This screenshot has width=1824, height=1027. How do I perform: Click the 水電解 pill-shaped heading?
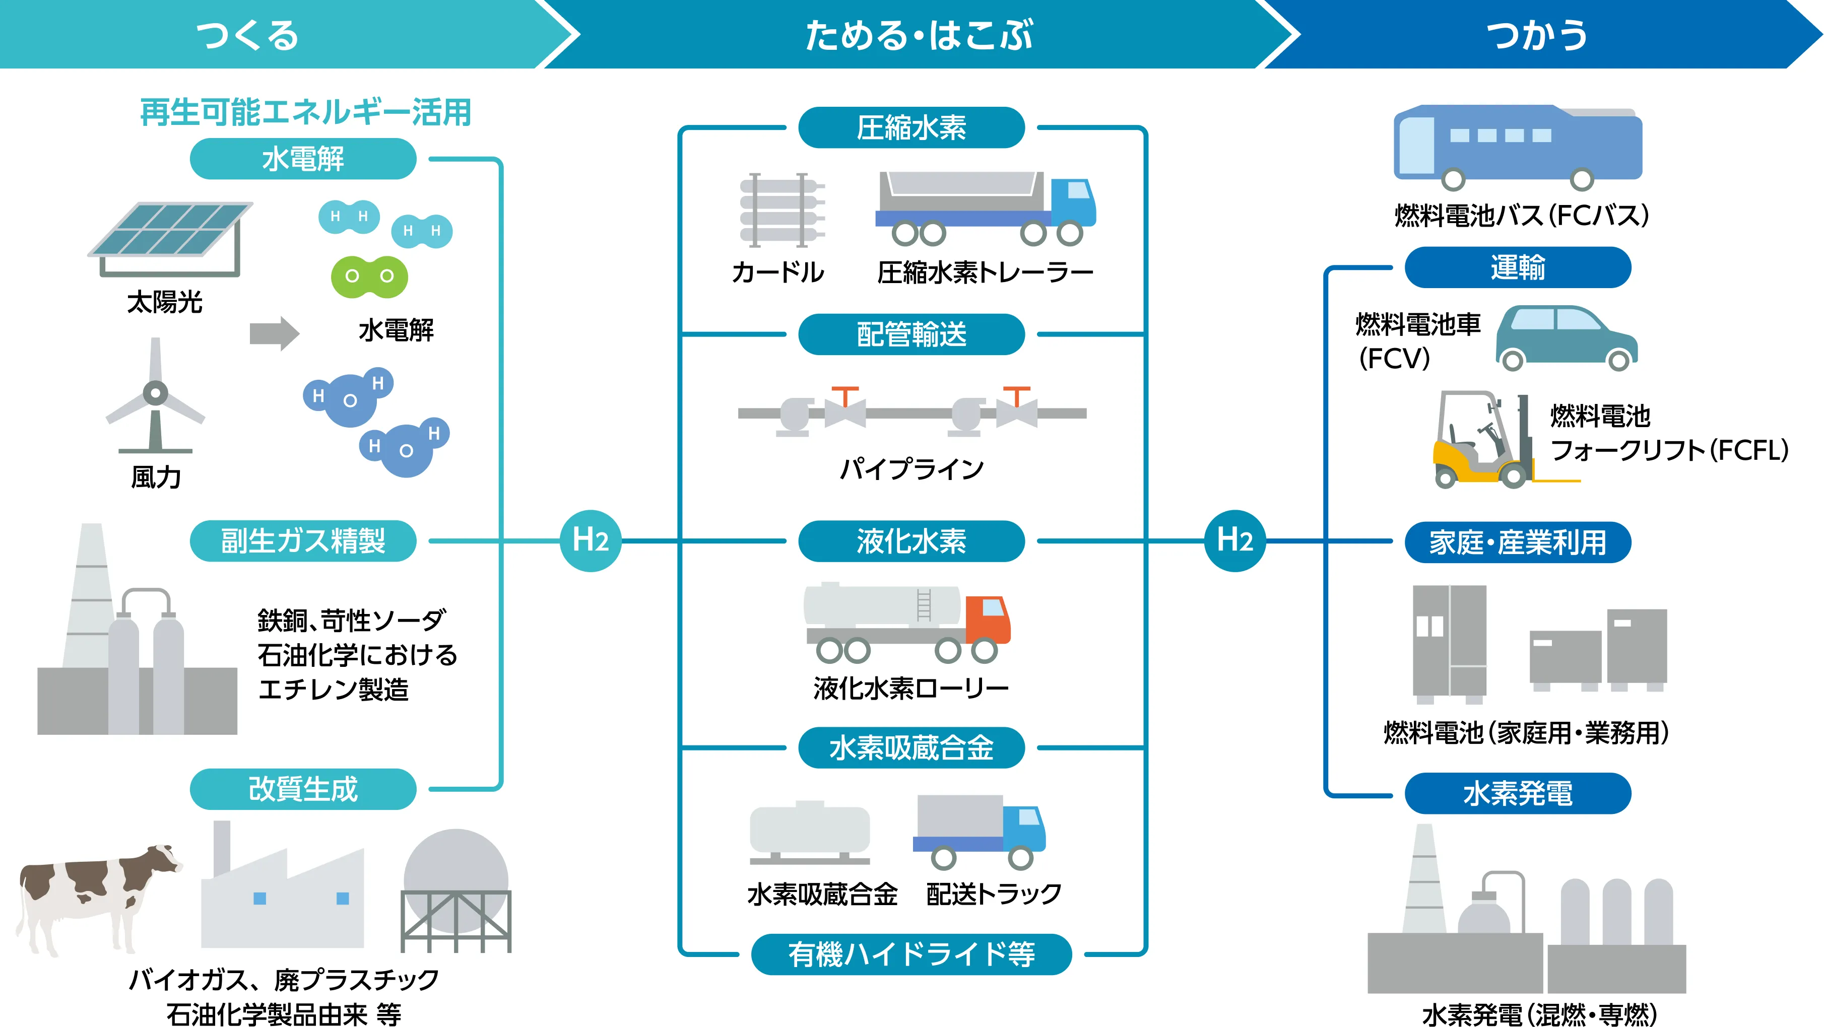pos(303,159)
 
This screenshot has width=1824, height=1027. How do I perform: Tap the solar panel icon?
pos(170,234)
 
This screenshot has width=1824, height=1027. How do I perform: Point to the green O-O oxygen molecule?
pos(369,276)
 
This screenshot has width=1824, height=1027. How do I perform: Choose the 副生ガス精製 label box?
pos(303,541)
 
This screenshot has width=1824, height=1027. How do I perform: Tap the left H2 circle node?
pos(591,541)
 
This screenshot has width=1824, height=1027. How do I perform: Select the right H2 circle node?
pos(1235,541)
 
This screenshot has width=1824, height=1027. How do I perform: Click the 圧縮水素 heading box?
pos(911,128)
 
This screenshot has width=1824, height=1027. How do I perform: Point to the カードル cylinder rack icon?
pos(781,210)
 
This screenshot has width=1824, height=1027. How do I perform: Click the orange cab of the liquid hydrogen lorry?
pos(988,620)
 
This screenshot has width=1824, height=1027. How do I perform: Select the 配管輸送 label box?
pos(911,334)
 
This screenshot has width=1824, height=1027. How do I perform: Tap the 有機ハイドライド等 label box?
pos(911,954)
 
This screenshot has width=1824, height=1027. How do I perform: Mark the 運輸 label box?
pos(1518,267)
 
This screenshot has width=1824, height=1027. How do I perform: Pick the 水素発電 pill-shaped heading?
pos(1518,793)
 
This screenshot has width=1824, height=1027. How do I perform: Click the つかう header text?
pos(1536,35)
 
